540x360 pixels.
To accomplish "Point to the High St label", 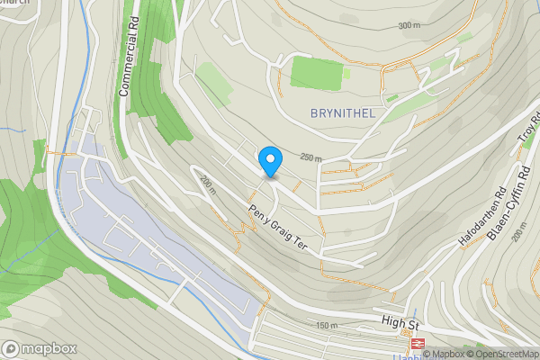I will pyautogui.click(x=400, y=323).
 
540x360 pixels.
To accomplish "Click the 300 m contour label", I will pyautogui.click(x=409, y=25).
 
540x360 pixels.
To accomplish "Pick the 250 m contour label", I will pyautogui.click(x=311, y=158).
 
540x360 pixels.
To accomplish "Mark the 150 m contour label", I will pyautogui.click(x=325, y=325).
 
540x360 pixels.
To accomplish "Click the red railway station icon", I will pyautogui.click(x=418, y=343).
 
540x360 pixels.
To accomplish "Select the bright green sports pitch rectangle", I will pyautogui.click(x=316, y=73).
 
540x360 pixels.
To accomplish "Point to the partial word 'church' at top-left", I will pyautogui.click(x=15, y=3).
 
